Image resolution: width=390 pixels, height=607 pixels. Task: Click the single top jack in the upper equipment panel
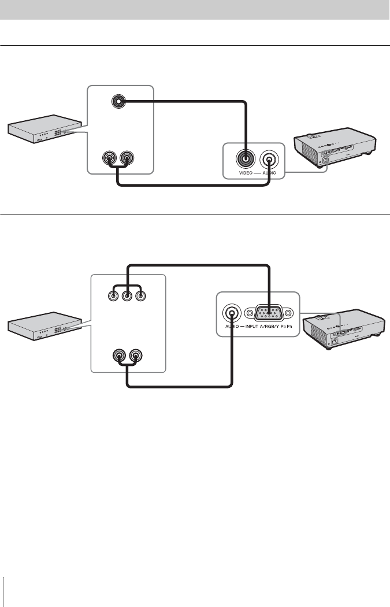pos(118,102)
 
